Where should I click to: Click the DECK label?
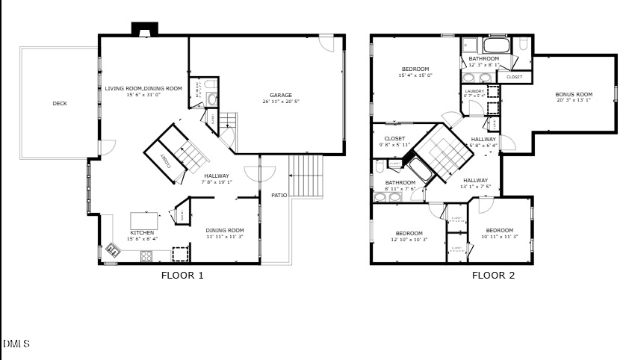[60, 103]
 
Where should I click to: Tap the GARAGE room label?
[281, 95]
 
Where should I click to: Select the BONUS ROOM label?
[573, 94]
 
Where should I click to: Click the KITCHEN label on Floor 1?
[143, 232]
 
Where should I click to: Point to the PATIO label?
[279, 195]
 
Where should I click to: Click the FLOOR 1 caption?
[182, 275]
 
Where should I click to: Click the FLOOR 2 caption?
[493, 275]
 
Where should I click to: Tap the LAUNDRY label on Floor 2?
[475, 91]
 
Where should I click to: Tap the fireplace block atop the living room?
[144, 29]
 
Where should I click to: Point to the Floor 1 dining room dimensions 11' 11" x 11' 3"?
[225, 237]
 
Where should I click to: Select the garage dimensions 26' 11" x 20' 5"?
[281, 102]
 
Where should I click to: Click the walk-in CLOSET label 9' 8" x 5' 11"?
[395, 138]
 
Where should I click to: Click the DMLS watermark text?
[16, 344]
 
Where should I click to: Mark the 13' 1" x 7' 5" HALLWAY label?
[475, 180]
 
